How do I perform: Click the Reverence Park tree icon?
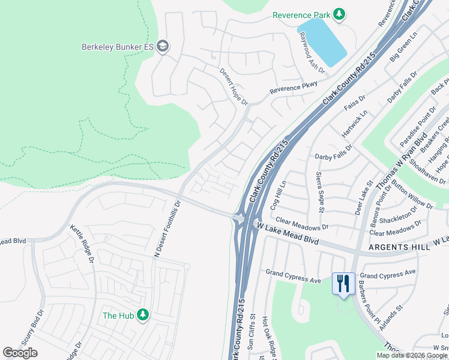[339, 14]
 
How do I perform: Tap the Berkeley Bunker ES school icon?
[163, 47]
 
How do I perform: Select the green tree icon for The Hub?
[142, 315]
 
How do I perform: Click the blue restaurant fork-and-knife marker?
[343, 284]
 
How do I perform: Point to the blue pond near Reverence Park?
[322, 41]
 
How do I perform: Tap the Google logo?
[20, 353]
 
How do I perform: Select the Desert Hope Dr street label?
[233, 86]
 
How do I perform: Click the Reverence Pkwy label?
[293, 87]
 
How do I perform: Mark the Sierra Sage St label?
[319, 192]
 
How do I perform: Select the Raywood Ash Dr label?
[312, 53]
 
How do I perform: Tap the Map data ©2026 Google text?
[411, 355]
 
